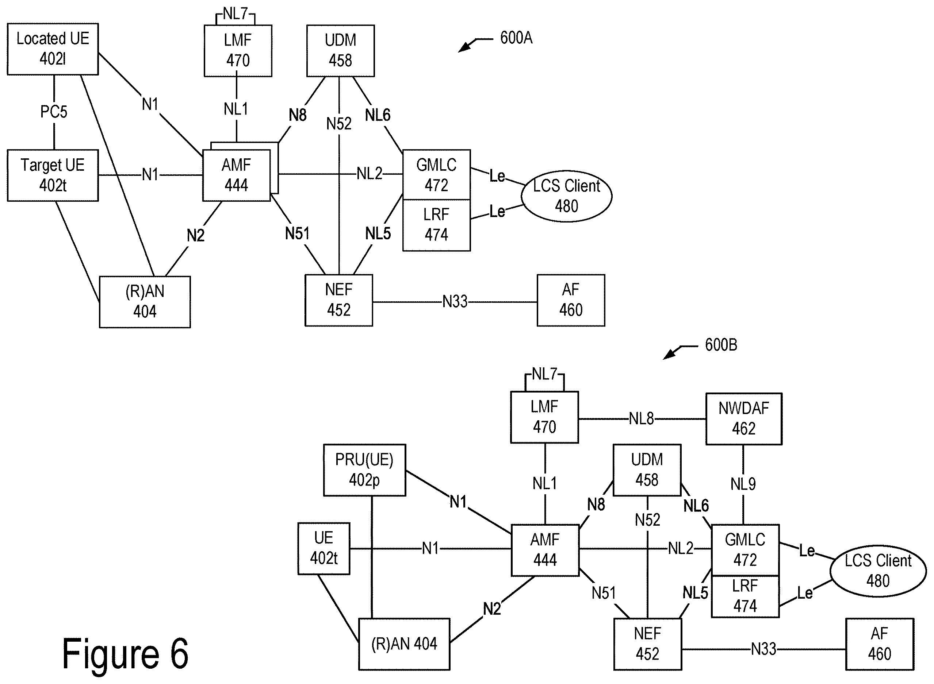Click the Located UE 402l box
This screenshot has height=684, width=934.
pos(53,49)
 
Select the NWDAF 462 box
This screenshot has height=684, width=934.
pos(744,418)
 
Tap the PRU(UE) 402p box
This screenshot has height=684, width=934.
pos(364,470)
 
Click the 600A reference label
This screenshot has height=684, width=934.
pos(516,38)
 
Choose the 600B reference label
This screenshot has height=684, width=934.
pos(721,345)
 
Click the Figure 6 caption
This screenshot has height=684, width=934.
pos(125,654)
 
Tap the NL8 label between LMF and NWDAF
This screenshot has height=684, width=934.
pos(642,418)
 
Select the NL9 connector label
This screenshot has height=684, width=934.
pos(743,484)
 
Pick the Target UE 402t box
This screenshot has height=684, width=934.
pos(53,175)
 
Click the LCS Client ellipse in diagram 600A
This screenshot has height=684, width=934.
pos(566,196)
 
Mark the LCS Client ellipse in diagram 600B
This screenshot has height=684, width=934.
pos(878,571)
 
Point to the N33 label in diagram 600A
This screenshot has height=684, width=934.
pos(455,301)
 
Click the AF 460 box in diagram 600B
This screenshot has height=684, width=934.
pos(880,644)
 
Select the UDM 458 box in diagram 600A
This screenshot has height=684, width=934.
pos(341,50)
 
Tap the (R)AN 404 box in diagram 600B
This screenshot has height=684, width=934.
pos(404,644)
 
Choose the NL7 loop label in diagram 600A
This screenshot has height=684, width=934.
pos(236,13)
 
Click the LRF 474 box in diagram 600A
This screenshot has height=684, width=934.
pos(436,225)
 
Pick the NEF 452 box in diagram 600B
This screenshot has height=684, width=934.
pos(648,644)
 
